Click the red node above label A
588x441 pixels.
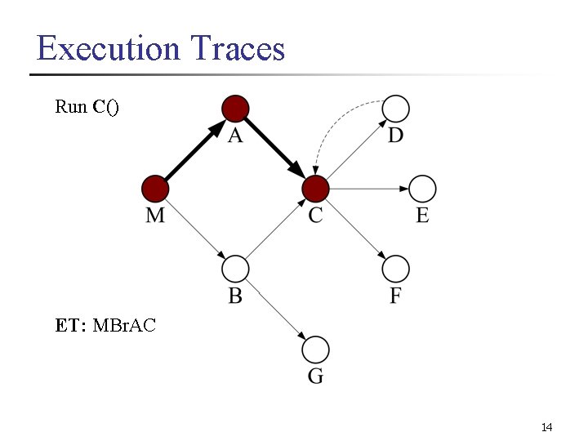[235, 108]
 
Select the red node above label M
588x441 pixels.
[154, 189]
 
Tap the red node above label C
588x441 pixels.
[315, 189]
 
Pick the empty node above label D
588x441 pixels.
[396, 108]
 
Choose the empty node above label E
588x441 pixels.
[422, 189]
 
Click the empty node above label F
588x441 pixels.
[396, 268]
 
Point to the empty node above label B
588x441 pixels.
[235, 268]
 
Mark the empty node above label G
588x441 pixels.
[315, 350]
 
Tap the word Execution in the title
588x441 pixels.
[109, 49]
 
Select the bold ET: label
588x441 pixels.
[72, 326]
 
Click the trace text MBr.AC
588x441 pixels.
[124, 326]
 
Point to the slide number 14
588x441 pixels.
[546, 428]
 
